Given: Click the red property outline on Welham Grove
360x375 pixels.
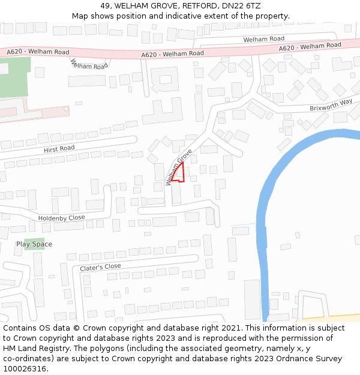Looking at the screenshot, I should [x=178, y=173].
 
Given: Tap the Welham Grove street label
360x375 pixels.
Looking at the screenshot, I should [x=179, y=166].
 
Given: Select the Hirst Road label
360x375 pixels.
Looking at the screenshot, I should [x=59, y=148].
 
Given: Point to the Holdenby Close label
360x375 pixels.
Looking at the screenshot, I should [x=61, y=218].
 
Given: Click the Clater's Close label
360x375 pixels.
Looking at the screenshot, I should [x=100, y=267].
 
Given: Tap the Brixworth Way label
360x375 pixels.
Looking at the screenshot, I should [x=331, y=105].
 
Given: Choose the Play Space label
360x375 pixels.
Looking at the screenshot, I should [x=34, y=244].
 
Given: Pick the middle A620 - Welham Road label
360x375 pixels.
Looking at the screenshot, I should [x=172, y=54].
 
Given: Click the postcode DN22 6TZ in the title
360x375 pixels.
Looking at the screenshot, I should [x=241, y=6].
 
